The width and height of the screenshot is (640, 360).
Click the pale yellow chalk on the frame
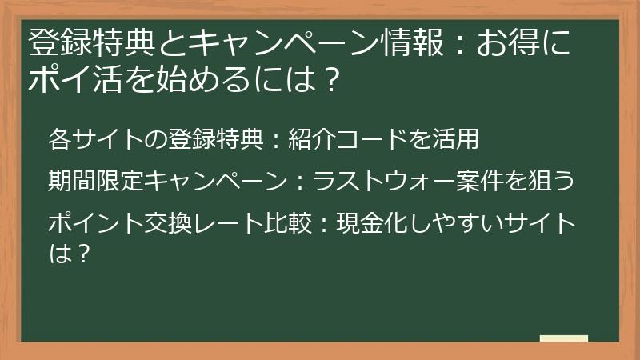pos(563,338)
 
